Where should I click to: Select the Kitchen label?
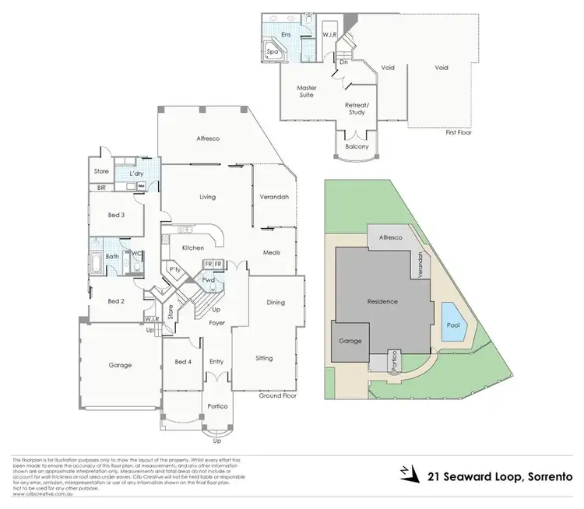tap(192, 247)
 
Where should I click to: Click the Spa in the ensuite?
tap(273, 52)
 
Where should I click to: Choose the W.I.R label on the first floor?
tap(329, 34)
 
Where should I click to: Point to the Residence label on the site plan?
tap(382, 301)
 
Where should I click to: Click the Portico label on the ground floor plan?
tap(216, 405)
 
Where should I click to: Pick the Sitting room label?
tap(264, 359)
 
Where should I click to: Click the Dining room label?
tap(275, 302)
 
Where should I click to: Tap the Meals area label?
tap(271, 252)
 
